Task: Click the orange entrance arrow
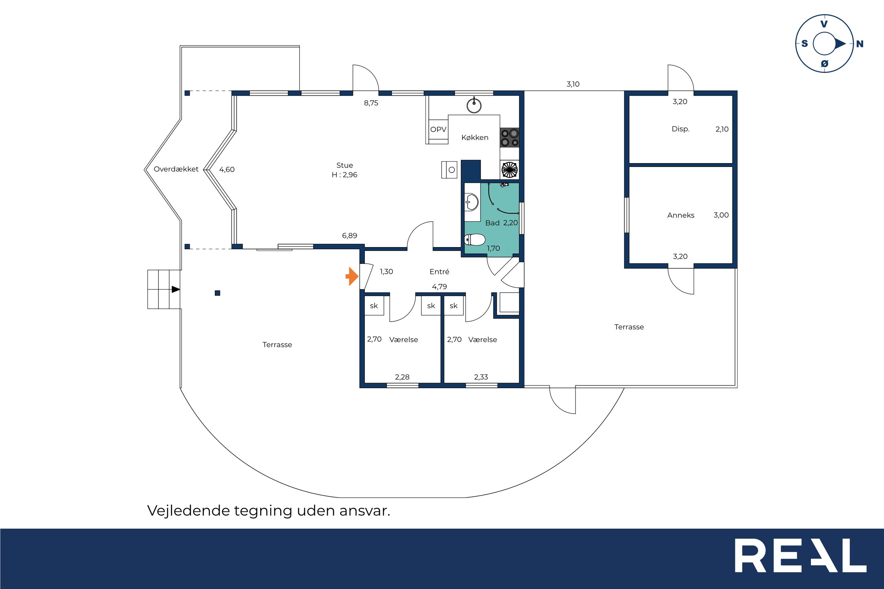[352, 276]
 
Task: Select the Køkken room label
[475, 138]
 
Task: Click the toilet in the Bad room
[475, 240]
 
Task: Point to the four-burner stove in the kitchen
[510, 138]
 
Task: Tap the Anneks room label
[681, 215]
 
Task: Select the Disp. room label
[680, 129]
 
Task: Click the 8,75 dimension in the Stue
[371, 103]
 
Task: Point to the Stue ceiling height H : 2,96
[344, 175]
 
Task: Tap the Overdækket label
[176, 169]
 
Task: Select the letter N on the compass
[860, 44]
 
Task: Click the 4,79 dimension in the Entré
[440, 287]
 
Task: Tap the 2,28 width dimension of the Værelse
[402, 377]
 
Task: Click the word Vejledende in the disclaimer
[188, 511]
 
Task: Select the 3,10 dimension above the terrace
[573, 84]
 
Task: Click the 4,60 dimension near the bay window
[227, 169]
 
